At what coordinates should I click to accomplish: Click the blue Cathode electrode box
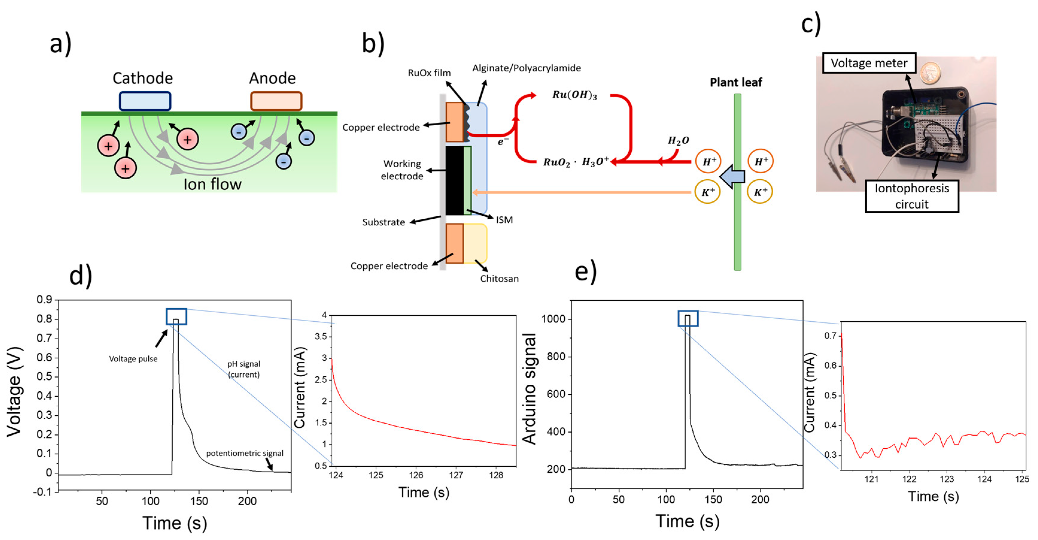[145, 101]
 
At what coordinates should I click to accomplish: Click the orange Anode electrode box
[276, 101]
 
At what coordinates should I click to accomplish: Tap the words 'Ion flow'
[212, 184]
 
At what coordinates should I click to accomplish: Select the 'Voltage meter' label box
[869, 63]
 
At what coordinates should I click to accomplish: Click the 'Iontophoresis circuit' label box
[912, 196]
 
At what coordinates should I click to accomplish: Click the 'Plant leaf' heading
[736, 83]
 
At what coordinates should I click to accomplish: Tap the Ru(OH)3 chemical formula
[574, 95]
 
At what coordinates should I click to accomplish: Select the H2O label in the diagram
[678, 141]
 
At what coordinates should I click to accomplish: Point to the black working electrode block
[454, 180]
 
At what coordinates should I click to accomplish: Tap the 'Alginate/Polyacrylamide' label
[526, 68]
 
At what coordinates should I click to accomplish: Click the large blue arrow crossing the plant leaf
[732, 177]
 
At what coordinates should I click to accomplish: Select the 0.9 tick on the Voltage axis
[44, 300]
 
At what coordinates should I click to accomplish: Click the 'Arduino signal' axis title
[530, 389]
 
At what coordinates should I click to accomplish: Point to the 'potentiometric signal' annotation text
[244, 453]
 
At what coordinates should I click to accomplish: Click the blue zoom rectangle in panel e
[688, 318]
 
